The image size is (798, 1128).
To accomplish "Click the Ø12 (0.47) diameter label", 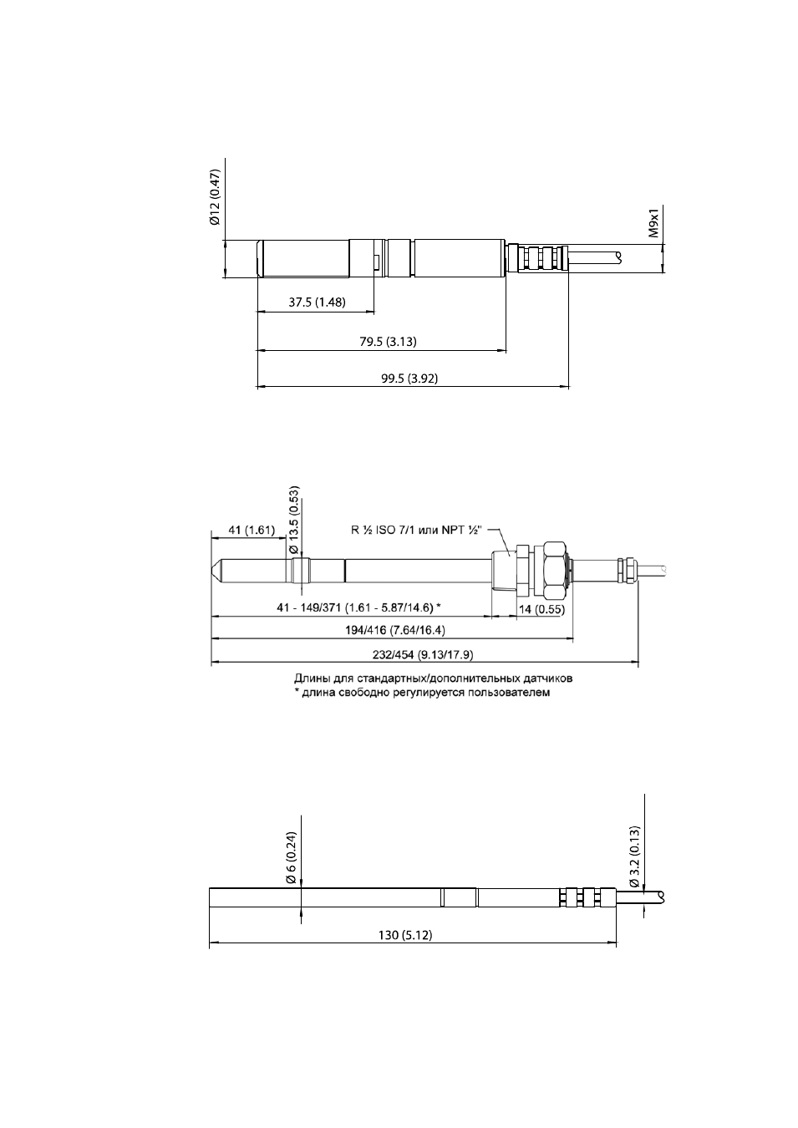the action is tap(216, 197).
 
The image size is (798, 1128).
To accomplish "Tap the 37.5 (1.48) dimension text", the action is tap(317, 302).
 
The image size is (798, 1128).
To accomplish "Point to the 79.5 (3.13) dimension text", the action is tap(388, 342).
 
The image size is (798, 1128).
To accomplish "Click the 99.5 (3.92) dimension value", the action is tap(409, 379).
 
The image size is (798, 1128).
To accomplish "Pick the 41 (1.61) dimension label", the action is tap(252, 531).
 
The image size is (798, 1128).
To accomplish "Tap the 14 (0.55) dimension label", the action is tap(541, 609).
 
